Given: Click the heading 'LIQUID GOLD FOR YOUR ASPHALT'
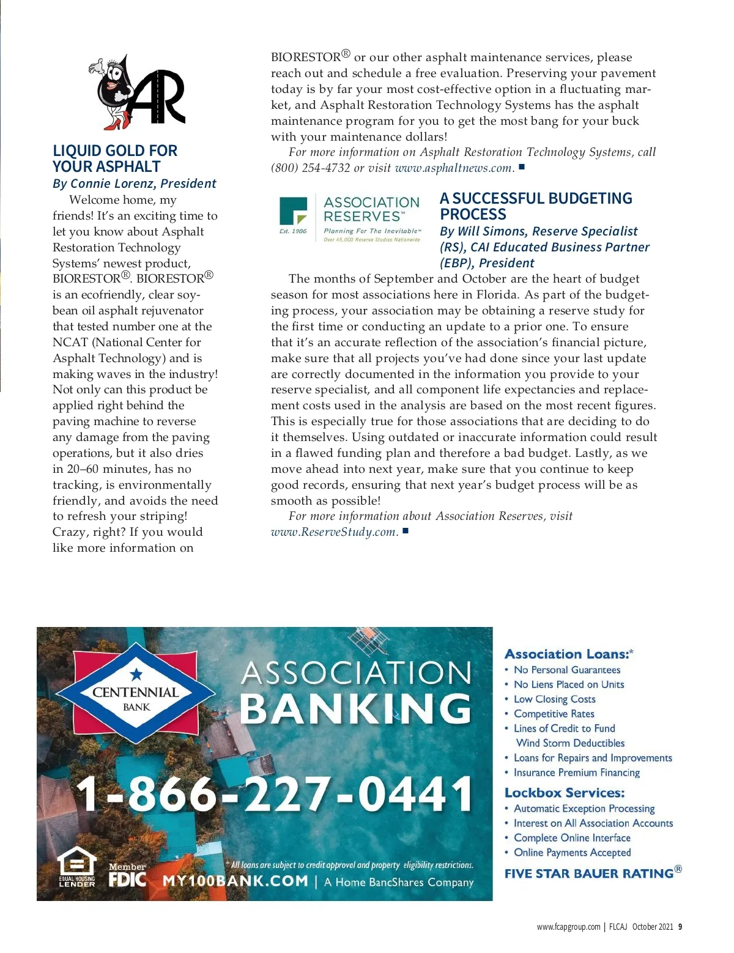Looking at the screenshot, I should [115, 158].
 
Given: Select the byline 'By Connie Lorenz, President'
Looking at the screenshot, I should [134, 184].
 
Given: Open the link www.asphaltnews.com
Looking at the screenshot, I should [453, 168].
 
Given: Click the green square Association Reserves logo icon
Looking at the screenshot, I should [294, 211].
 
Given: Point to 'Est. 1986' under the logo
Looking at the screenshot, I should [293, 231].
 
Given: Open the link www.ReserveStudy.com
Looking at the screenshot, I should [334, 532].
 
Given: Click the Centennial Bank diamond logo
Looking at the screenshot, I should [136, 694].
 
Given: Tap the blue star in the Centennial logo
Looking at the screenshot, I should [136, 674].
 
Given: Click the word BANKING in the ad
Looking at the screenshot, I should [356, 709].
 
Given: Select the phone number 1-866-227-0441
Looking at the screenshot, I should [274, 793].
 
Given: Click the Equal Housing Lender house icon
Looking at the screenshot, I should [77, 863].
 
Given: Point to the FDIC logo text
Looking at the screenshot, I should [127, 880].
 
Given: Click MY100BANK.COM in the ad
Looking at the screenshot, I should [235, 881].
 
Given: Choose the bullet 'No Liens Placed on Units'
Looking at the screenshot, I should [569, 684].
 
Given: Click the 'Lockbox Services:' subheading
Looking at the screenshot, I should [564, 793].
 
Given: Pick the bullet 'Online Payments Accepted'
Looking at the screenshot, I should [572, 853].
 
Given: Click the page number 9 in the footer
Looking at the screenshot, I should [680, 927].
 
